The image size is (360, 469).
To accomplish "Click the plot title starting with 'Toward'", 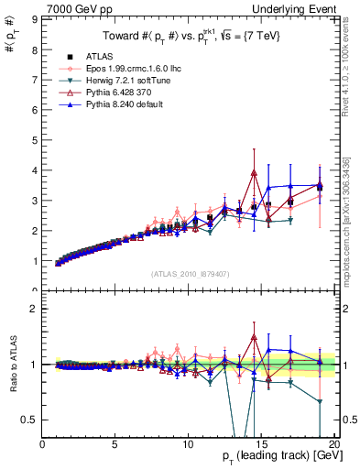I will (x=191, y=36).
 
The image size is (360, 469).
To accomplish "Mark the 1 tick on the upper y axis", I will (x=36, y=261).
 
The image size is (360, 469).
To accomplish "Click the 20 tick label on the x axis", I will (x=333, y=444).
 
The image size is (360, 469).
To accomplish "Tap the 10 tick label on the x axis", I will (x=188, y=444).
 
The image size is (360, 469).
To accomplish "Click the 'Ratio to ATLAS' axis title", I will (x=12, y=365).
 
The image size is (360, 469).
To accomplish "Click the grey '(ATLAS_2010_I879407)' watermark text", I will (x=191, y=275).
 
